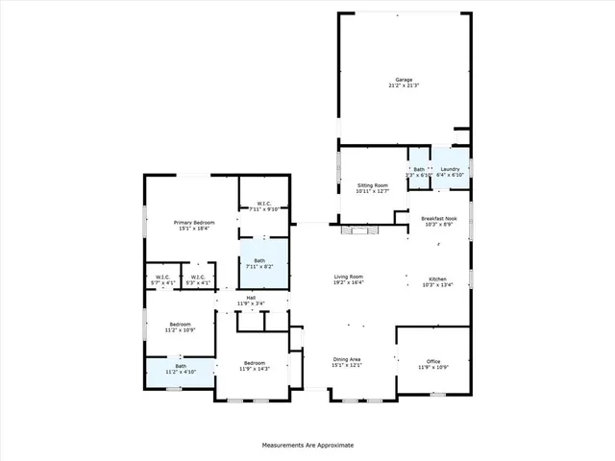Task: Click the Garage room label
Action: [x=404, y=80]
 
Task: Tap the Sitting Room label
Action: [x=372, y=184]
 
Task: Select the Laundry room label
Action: [x=451, y=169]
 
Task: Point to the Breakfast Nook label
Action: [x=438, y=219]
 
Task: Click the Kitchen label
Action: [x=438, y=279]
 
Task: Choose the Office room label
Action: [x=431, y=362]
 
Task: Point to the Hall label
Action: [x=251, y=298]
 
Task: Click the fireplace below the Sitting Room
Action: [x=361, y=230]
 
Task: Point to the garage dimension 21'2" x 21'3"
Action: [x=404, y=85]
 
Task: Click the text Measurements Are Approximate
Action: [x=307, y=446]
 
